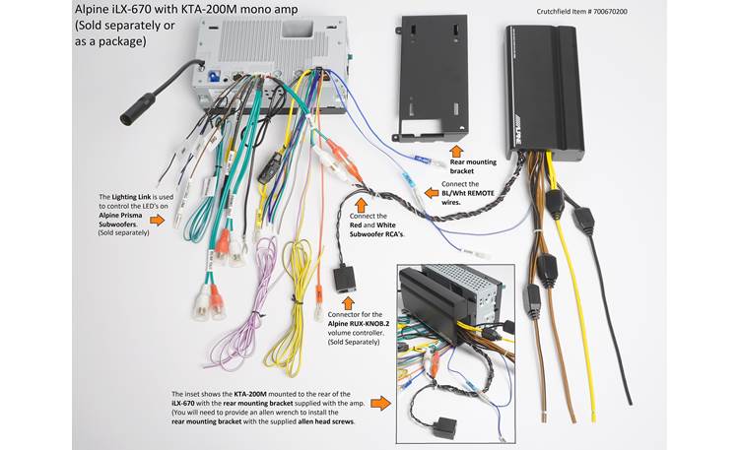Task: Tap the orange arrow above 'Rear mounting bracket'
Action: point(455,152)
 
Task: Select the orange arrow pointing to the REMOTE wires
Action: point(431,193)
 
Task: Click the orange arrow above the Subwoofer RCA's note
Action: point(360,205)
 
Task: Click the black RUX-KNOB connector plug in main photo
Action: point(346,282)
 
